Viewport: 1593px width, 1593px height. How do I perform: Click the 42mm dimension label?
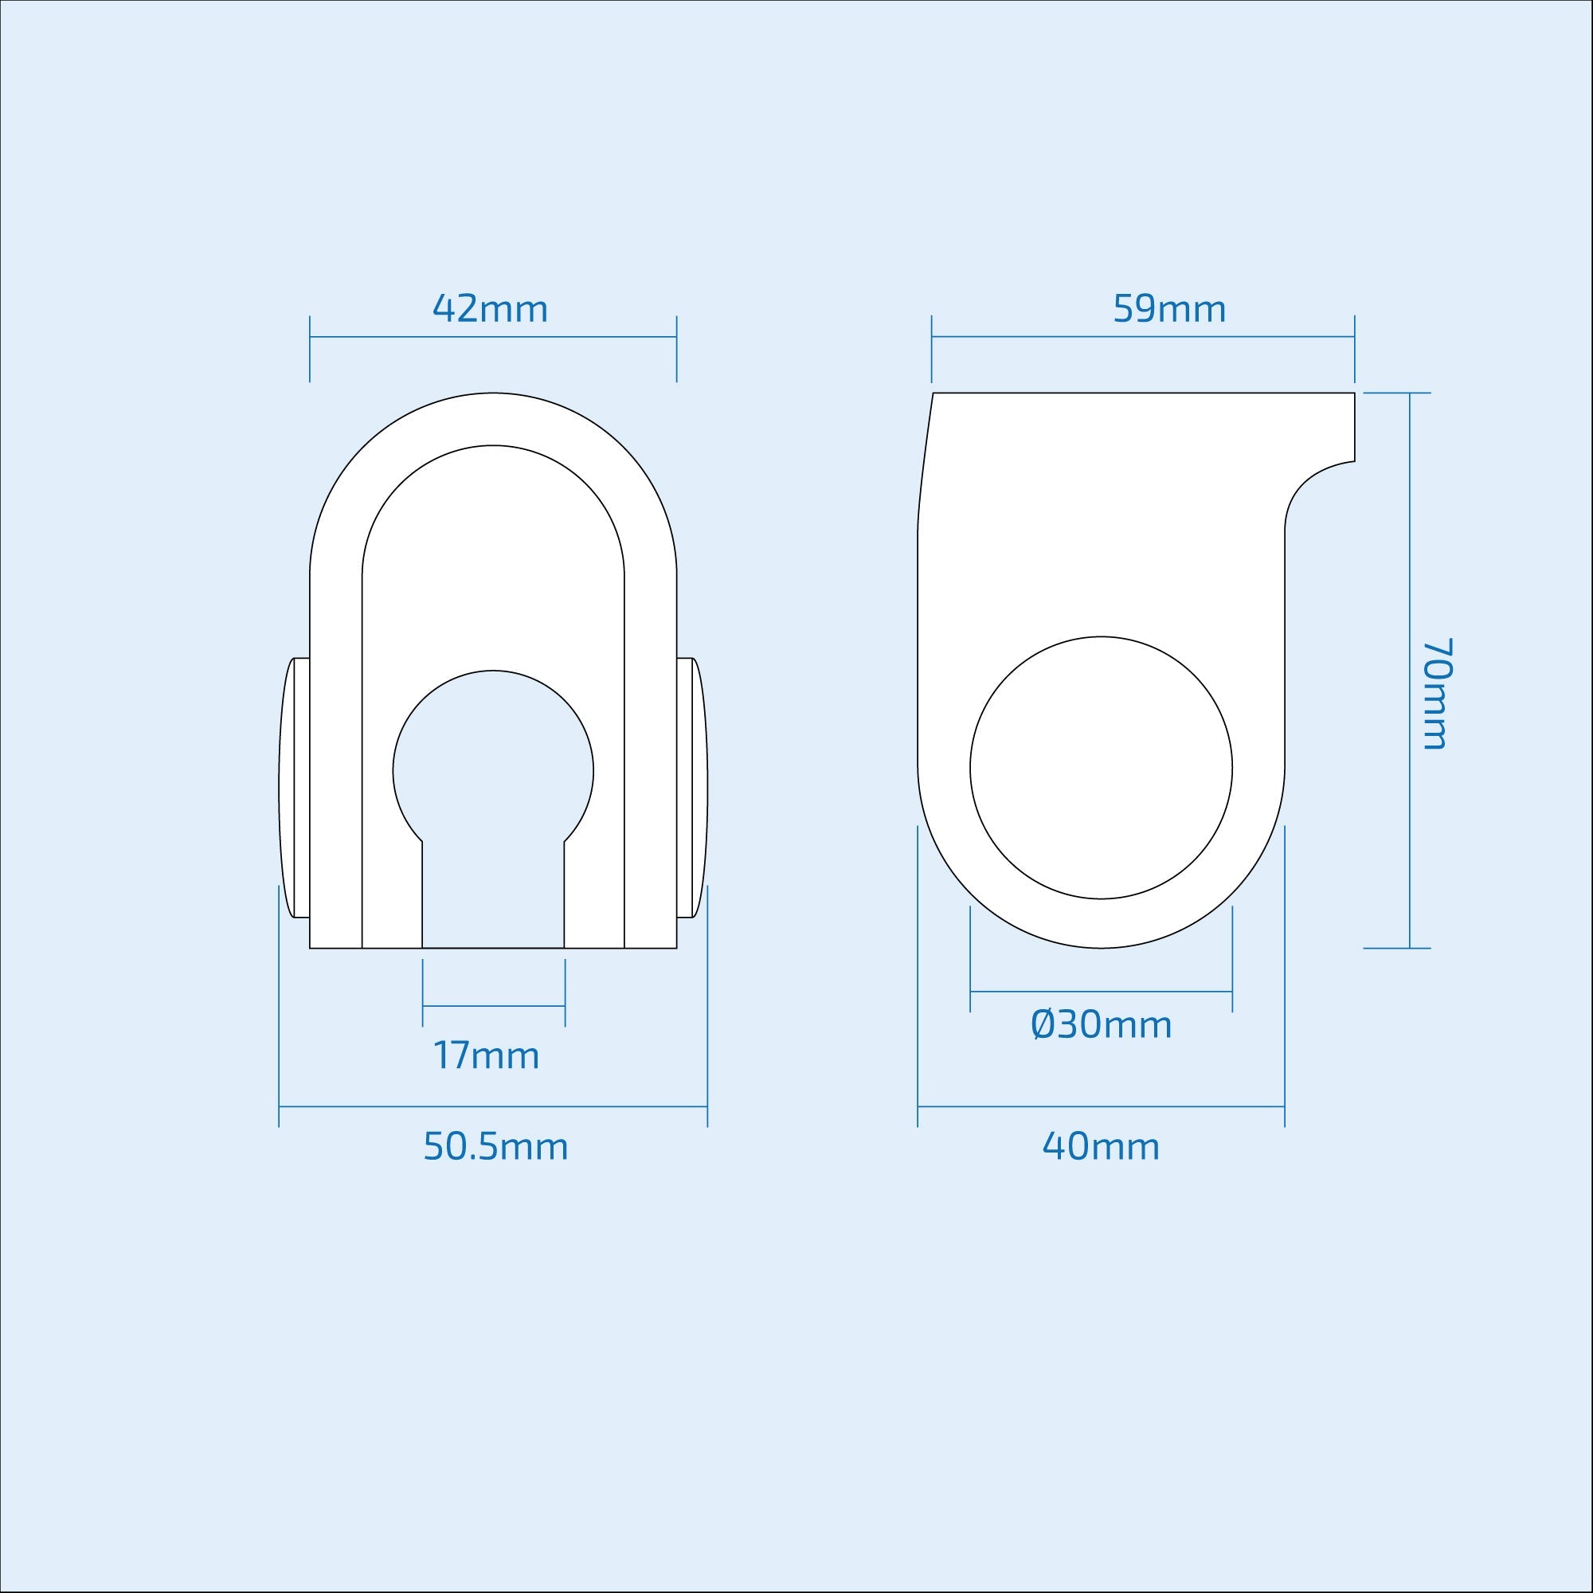[x=490, y=309]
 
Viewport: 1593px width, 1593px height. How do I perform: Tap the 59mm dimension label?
[x=1169, y=309]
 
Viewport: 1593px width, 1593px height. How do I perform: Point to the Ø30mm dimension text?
[x=1101, y=1025]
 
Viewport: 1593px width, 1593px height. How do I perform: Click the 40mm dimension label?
[x=1101, y=1147]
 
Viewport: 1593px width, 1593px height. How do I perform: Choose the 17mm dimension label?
[x=487, y=1056]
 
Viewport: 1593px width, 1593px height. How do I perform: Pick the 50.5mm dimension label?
[x=495, y=1147]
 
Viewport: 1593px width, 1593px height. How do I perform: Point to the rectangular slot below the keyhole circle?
[x=493, y=898]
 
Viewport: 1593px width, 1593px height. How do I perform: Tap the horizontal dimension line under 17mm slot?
[x=493, y=1006]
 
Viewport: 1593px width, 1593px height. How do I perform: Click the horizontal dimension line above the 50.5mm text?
[x=493, y=1106]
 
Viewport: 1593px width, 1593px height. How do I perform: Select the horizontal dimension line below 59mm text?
[x=1143, y=336]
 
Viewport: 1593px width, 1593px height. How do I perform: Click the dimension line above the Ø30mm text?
[x=1101, y=991]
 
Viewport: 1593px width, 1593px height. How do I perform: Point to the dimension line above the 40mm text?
[x=1101, y=1106]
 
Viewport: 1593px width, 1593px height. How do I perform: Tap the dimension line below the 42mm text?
[x=493, y=336]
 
